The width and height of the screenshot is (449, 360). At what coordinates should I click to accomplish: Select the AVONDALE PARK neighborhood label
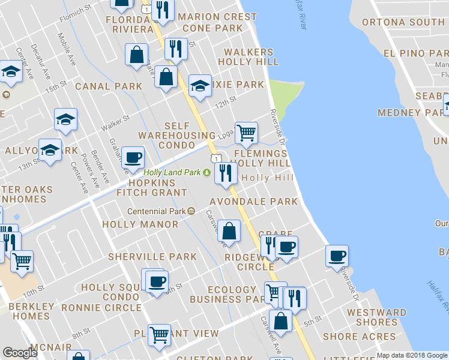253,202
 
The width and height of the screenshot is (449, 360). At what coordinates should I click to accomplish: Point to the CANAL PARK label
109,86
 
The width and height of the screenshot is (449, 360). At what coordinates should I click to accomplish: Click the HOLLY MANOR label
140,224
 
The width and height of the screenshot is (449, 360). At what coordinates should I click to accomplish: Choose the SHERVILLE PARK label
152,257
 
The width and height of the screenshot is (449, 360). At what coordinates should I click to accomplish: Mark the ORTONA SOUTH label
403,22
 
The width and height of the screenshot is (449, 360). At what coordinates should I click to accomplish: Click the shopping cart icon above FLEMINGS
246,133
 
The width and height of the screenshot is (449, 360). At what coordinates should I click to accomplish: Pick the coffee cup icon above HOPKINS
133,158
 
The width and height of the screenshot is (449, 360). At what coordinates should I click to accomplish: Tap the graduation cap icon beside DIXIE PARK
199,86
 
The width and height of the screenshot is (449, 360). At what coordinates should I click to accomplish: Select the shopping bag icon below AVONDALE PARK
229,230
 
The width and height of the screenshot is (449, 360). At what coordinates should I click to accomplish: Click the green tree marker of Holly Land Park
207,173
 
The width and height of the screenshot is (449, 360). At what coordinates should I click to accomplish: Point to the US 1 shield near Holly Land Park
214,157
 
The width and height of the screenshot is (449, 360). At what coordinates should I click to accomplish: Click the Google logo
20,353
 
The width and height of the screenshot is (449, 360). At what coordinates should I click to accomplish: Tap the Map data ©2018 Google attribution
412,355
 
